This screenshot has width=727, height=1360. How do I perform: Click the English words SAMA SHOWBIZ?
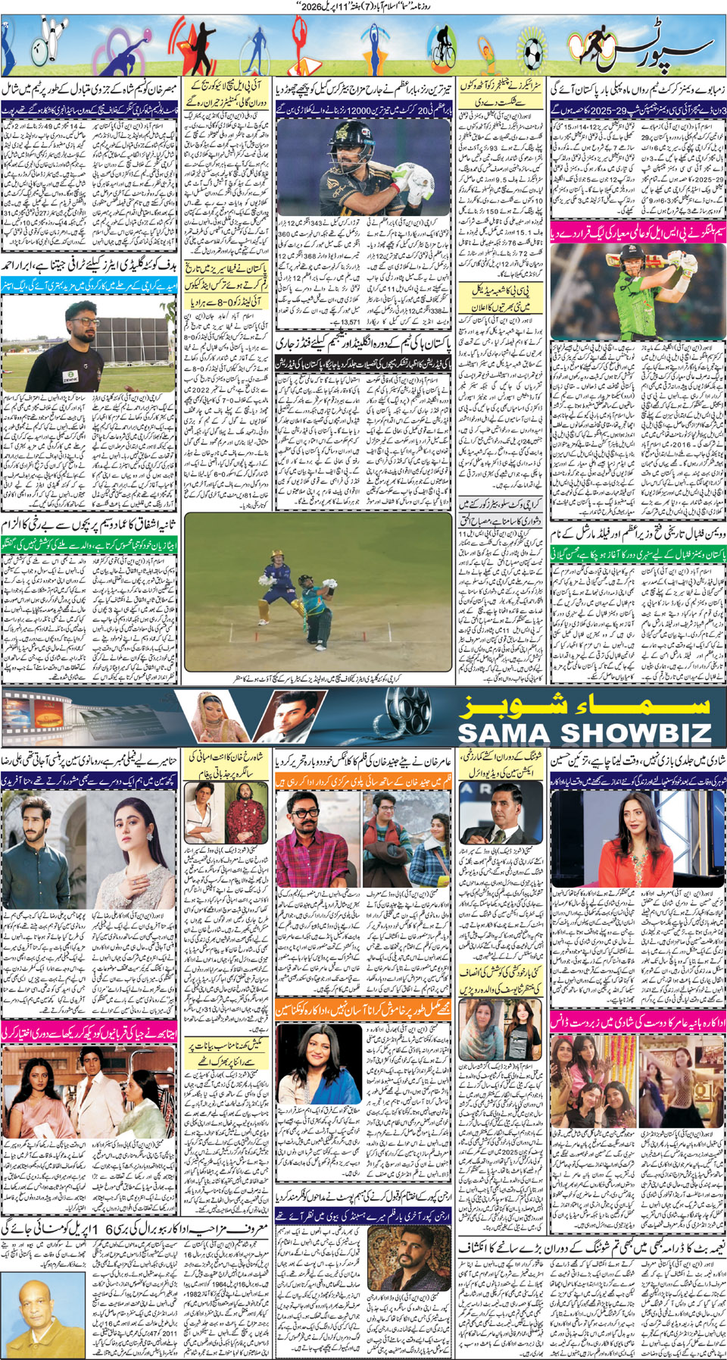(585, 732)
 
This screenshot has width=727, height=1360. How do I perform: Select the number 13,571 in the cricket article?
(350, 322)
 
